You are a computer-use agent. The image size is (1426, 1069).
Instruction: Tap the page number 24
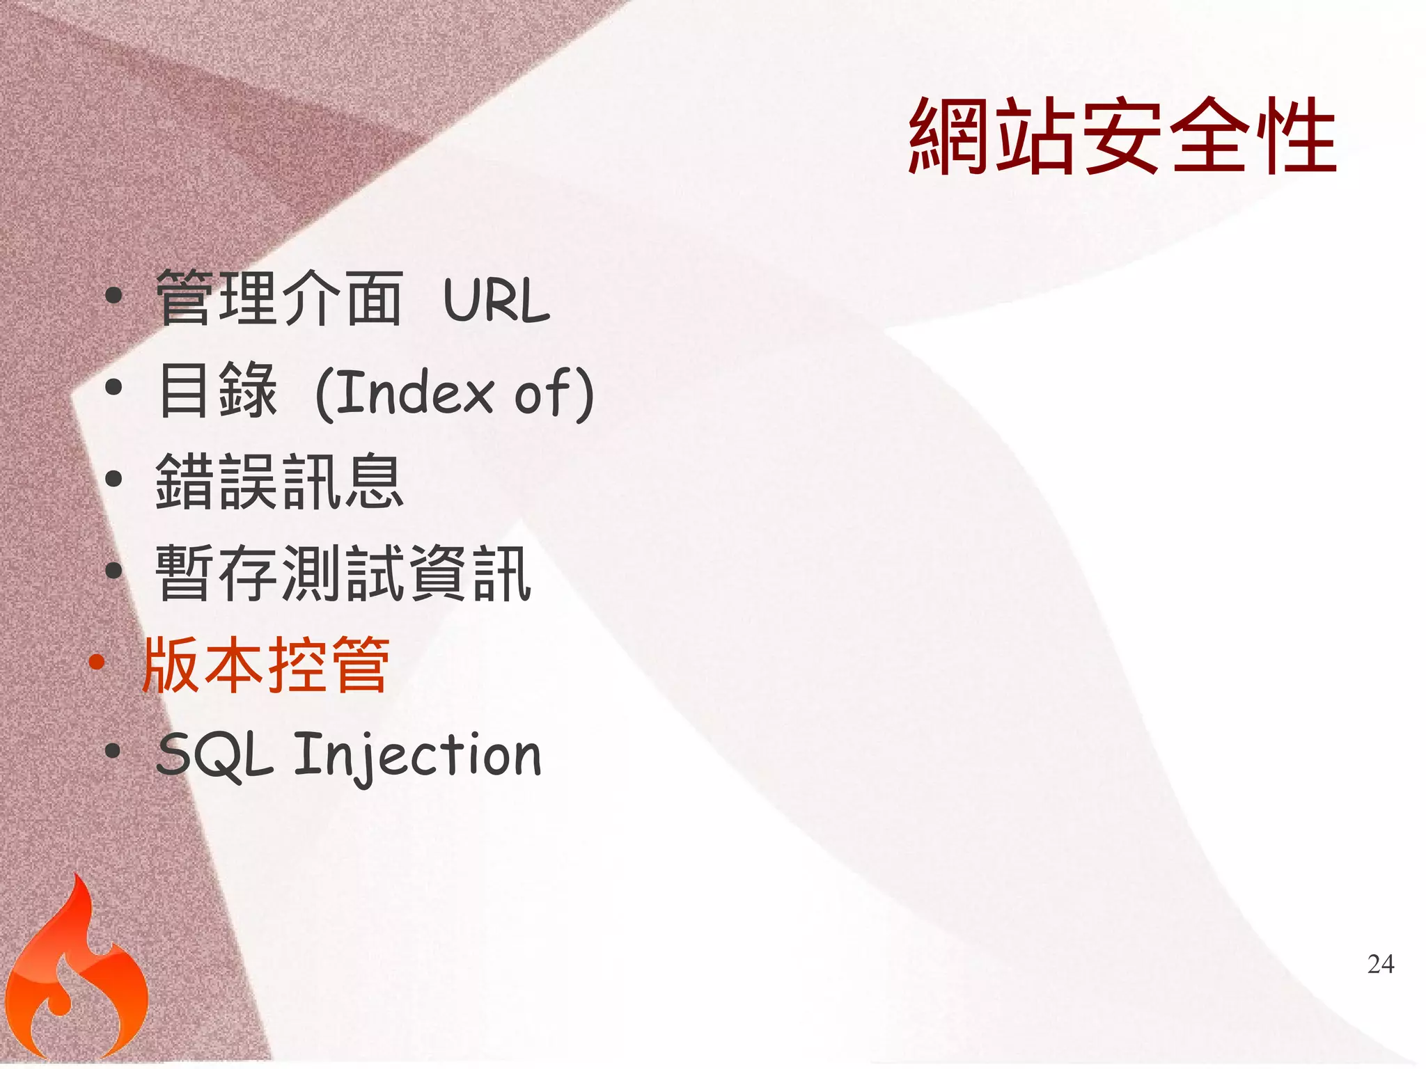coord(1381,964)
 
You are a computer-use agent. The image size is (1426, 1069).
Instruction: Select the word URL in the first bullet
coord(496,301)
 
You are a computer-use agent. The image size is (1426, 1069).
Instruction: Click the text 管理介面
coord(279,299)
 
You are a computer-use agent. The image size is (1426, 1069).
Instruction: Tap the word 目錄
coord(218,390)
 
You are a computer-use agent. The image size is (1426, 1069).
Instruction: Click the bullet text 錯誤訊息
coord(279,482)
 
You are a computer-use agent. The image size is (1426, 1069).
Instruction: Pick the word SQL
coord(214,756)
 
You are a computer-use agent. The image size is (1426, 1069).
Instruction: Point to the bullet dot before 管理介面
coord(113,296)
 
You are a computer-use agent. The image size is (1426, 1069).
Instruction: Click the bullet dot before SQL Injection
coord(113,752)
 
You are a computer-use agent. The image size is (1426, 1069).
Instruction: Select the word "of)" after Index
coord(554,394)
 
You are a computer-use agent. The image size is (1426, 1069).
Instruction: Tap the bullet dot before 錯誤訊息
coord(113,479)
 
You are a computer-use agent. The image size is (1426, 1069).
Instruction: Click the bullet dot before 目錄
coord(113,387)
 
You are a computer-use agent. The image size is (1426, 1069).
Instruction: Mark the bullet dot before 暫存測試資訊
coord(113,571)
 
